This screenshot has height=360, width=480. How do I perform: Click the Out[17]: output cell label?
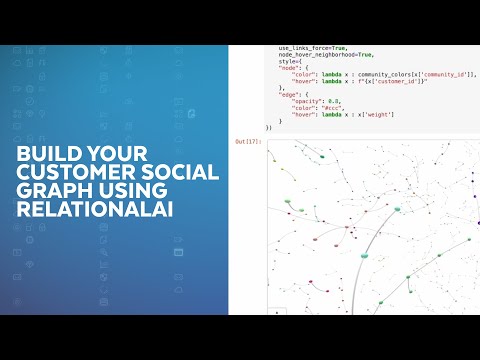[248, 141]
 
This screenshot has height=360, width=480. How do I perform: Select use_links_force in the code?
[299, 46]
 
